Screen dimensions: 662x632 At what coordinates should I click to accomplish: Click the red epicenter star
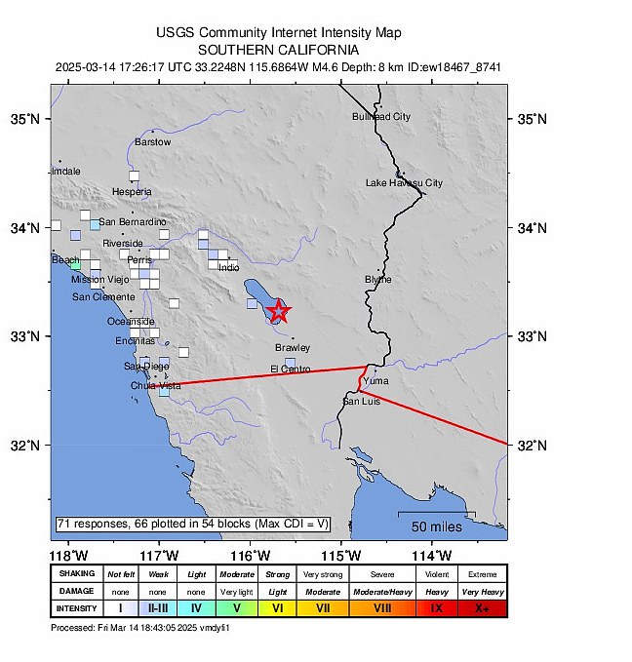click(x=279, y=311)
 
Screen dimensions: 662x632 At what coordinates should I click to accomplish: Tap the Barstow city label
click(x=153, y=142)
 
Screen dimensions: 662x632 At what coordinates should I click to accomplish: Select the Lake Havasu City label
click(x=404, y=183)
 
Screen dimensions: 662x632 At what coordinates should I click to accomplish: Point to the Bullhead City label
click(x=381, y=117)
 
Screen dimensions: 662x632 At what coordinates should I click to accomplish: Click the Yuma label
click(x=388, y=381)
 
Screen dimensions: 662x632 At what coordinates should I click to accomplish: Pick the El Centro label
click(x=290, y=370)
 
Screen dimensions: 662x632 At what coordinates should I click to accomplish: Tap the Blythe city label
click(x=377, y=280)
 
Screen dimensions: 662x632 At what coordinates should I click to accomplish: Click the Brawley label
click(x=292, y=348)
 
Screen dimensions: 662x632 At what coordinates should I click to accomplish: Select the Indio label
click(x=228, y=267)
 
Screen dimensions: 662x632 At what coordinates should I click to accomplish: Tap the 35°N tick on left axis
click(x=29, y=120)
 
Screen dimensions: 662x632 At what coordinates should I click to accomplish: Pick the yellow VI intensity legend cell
click(x=278, y=607)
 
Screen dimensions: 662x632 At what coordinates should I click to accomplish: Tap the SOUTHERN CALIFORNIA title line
click(x=278, y=50)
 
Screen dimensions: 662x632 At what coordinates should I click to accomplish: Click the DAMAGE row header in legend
click(x=77, y=591)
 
